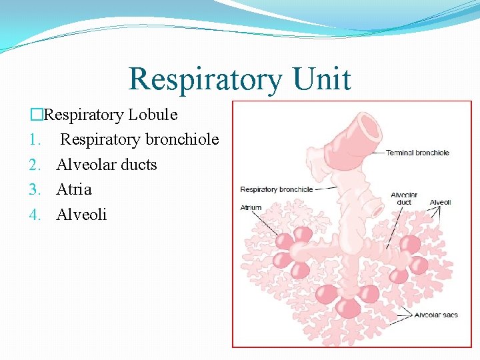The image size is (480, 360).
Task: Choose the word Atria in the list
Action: point(74,189)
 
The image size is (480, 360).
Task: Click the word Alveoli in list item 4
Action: point(81,215)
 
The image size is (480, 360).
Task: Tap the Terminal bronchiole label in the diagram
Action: point(417,153)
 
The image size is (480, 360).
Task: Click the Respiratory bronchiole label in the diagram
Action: point(276,189)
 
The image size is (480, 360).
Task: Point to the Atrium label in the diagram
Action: point(251,208)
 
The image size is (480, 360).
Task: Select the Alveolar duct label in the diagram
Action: point(404,199)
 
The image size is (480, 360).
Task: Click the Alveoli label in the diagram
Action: point(440,202)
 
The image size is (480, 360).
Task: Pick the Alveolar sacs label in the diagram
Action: point(436,315)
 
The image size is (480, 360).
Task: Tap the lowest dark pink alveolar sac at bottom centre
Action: point(347,307)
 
